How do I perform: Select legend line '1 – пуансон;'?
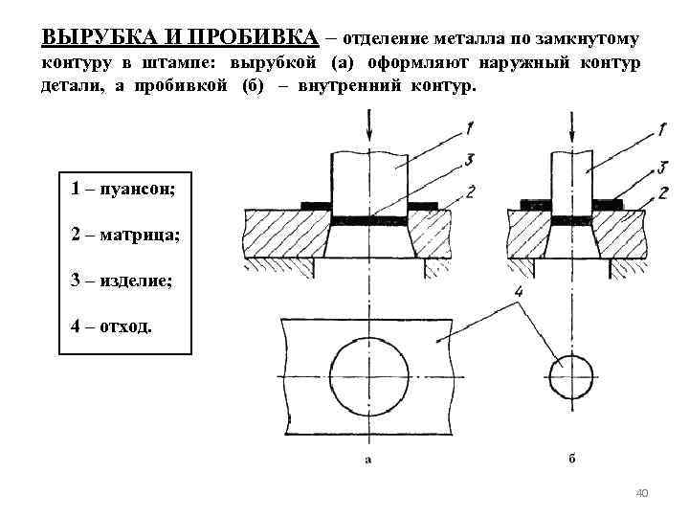coord(122,188)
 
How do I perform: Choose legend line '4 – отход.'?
coord(111,326)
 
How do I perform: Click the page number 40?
coord(642,492)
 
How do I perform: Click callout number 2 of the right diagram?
coord(663,191)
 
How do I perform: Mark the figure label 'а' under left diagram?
coord(368,458)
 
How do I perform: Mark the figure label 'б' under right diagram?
coord(571,458)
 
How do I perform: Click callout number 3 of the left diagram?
coord(469,158)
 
